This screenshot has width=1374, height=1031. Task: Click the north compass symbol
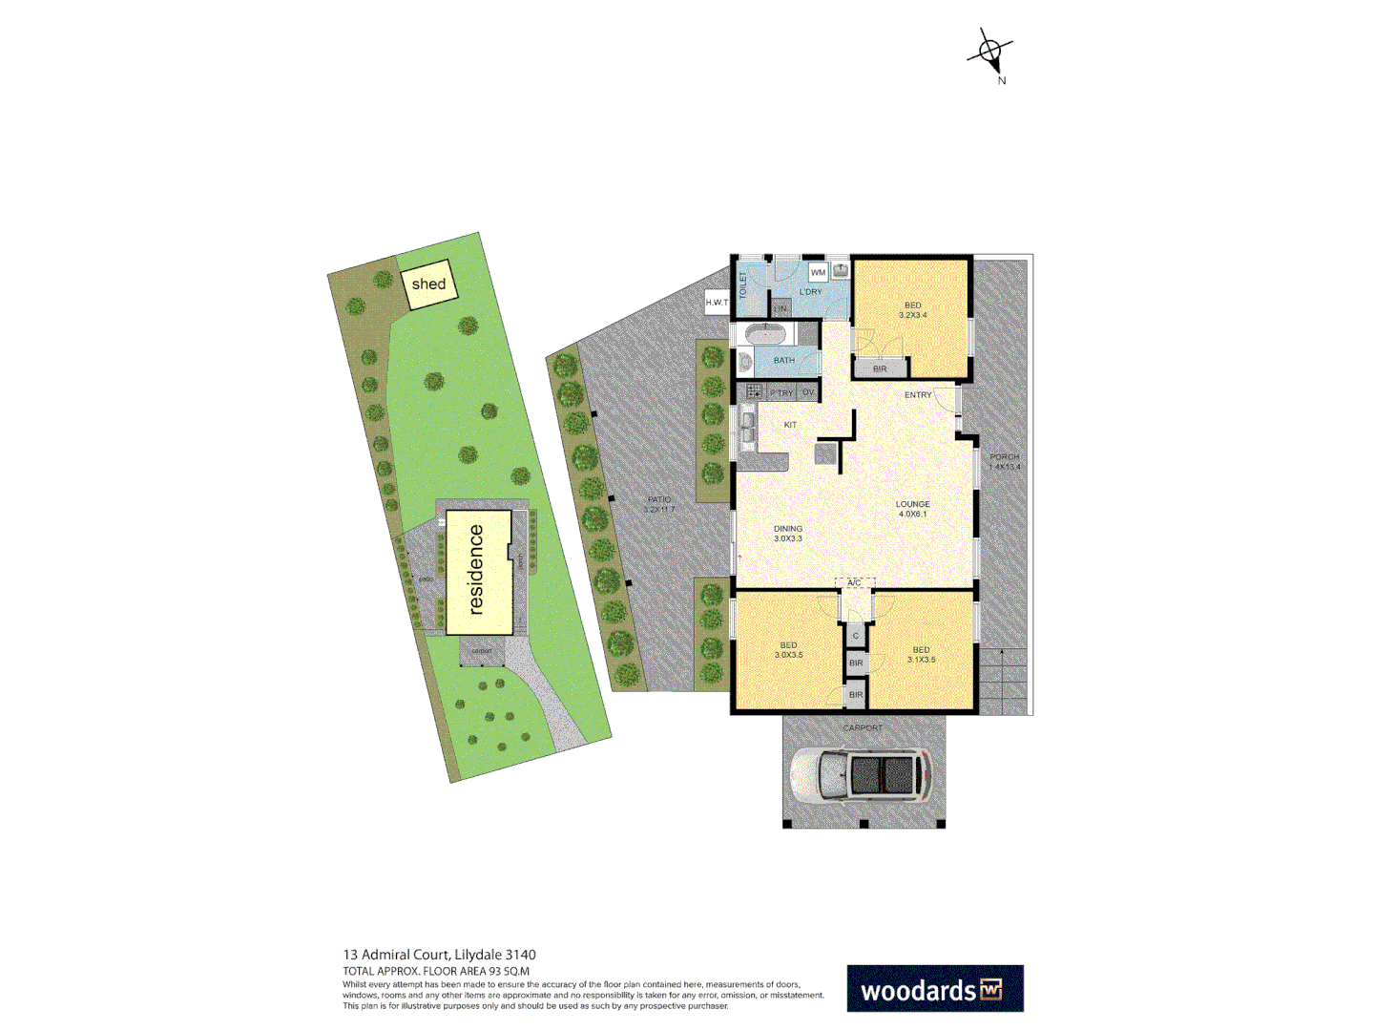pyautogui.click(x=991, y=53)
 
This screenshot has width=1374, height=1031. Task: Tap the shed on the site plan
pyautogui.click(x=428, y=284)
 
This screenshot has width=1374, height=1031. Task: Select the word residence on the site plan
pyautogui.click(x=476, y=570)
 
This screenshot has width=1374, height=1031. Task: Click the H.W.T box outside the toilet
pyautogui.click(x=717, y=303)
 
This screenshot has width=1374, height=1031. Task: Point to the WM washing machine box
pyautogui.click(x=818, y=273)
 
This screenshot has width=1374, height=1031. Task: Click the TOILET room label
pyautogui.click(x=744, y=284)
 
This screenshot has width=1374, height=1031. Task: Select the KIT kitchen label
pyautogui.click(x=790, y=425)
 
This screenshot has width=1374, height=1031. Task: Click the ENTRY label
pyautogui.click(x=918, y=395)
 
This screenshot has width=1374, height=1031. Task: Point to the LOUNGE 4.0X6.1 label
pyautogui.click(x=912, y=509)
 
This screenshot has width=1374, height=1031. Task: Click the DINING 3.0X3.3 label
pyautogui.click(x=788, y=534)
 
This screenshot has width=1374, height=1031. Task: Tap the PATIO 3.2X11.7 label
pyautogui.click(x=658, y=504)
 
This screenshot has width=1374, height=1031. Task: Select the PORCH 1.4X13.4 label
pyautogui.click(x=1004, y=462)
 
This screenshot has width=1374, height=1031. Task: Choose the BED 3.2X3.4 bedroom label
pyautogui.click(x=912, y=310)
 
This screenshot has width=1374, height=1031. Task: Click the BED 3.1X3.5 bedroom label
pyautogui.click(x=921, y=655)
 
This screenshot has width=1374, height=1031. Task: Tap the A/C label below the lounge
pyautogui.click(x=854, y=583)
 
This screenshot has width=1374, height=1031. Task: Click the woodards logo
pyautogui.click(x=934, y=989)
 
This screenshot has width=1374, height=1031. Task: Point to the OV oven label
pyautogui.click(x=808, y=392)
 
